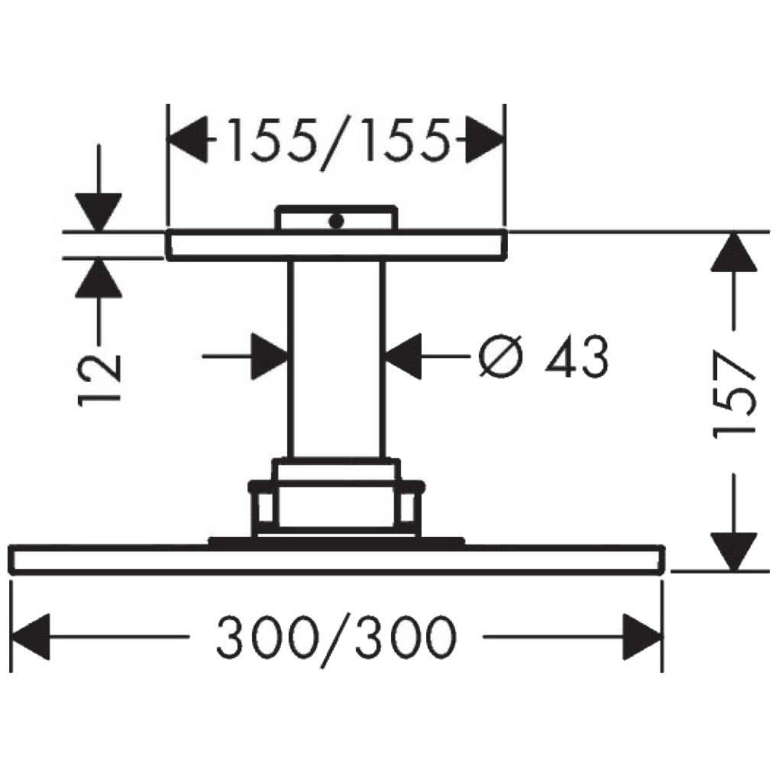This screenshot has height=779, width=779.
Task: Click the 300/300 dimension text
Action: (336, 639)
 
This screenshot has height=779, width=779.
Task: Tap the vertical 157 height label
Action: (734, 395)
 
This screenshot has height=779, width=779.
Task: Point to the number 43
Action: (577, 356)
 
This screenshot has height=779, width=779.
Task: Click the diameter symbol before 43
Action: (501, 356)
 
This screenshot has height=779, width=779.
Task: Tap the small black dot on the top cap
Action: (336, 221)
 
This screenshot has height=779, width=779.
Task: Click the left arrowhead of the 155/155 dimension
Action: (188, 140)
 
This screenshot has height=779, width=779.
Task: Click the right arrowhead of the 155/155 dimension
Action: (485, 140)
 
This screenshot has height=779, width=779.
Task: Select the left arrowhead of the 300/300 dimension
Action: (31, 637)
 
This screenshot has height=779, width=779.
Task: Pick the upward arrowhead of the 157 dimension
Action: (734, 252)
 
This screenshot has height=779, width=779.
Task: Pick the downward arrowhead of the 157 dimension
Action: (734, 551)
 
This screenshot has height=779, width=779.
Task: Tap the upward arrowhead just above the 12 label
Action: (99, 278)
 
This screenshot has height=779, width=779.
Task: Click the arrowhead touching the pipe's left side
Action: (270, 356)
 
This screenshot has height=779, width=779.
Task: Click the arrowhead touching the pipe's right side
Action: (403, 356)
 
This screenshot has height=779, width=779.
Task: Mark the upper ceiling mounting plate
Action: (336, 245)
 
